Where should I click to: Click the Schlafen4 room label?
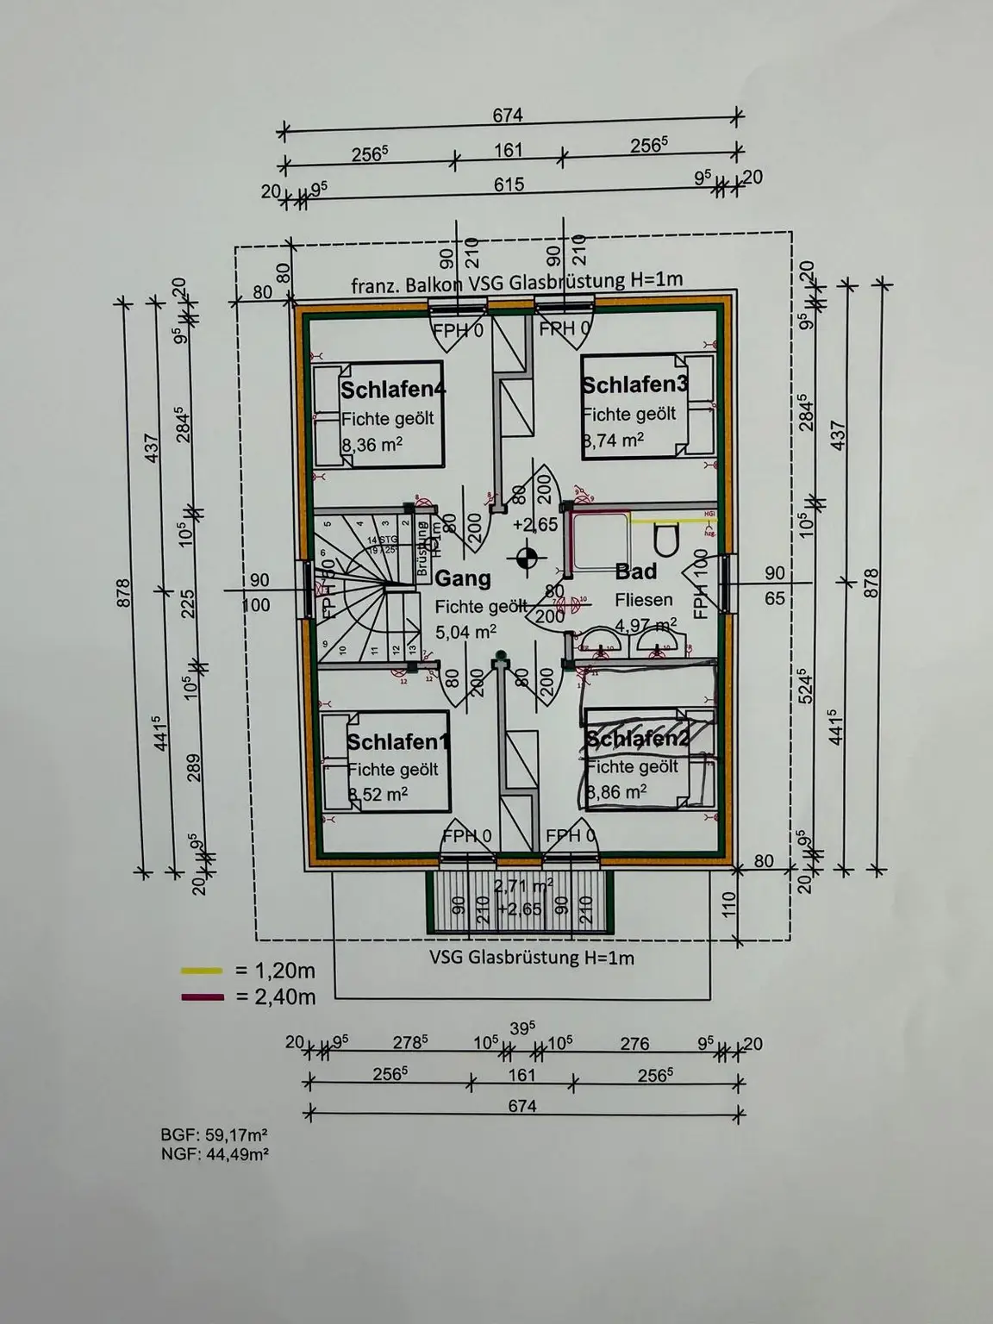[393, 389]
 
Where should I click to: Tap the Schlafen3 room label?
[635, 384]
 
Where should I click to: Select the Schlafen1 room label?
[398, 741]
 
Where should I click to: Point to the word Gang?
[463, 578]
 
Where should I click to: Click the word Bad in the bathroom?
[636, 571]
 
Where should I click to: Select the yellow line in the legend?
[202, 971]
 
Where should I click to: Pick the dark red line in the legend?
[202, 997]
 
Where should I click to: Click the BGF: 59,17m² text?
[214, 1135]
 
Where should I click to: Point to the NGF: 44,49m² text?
[214, 1153]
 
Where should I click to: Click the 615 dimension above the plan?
[509, 184]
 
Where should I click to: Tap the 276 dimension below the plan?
[634, 1044]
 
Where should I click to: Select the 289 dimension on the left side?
[193, 766]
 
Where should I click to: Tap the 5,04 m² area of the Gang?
[465, 632]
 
